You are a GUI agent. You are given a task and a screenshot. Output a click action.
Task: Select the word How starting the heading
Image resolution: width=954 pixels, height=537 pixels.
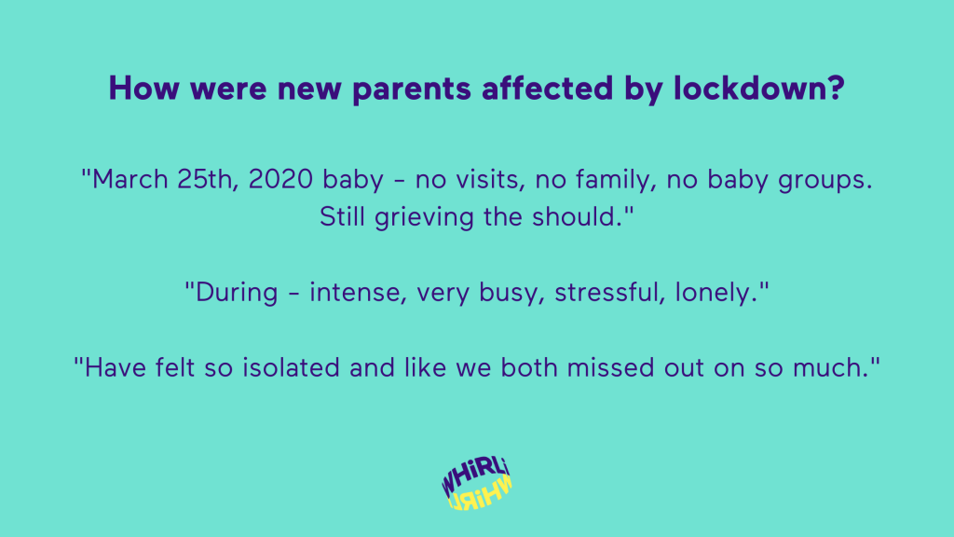click(144, 89)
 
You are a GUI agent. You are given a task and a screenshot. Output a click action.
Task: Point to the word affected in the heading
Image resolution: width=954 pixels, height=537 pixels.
click(548, 88)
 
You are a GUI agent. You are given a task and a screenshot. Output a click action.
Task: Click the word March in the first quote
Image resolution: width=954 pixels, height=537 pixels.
click(129, 180)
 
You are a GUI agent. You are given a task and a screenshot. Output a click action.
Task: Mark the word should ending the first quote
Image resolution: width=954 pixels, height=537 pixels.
click(577, 216)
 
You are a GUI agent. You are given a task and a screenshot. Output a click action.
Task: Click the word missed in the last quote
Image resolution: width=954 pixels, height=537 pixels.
click(610, 367)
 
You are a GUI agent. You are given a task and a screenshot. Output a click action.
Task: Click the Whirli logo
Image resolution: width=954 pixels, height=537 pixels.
click(477, 484)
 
